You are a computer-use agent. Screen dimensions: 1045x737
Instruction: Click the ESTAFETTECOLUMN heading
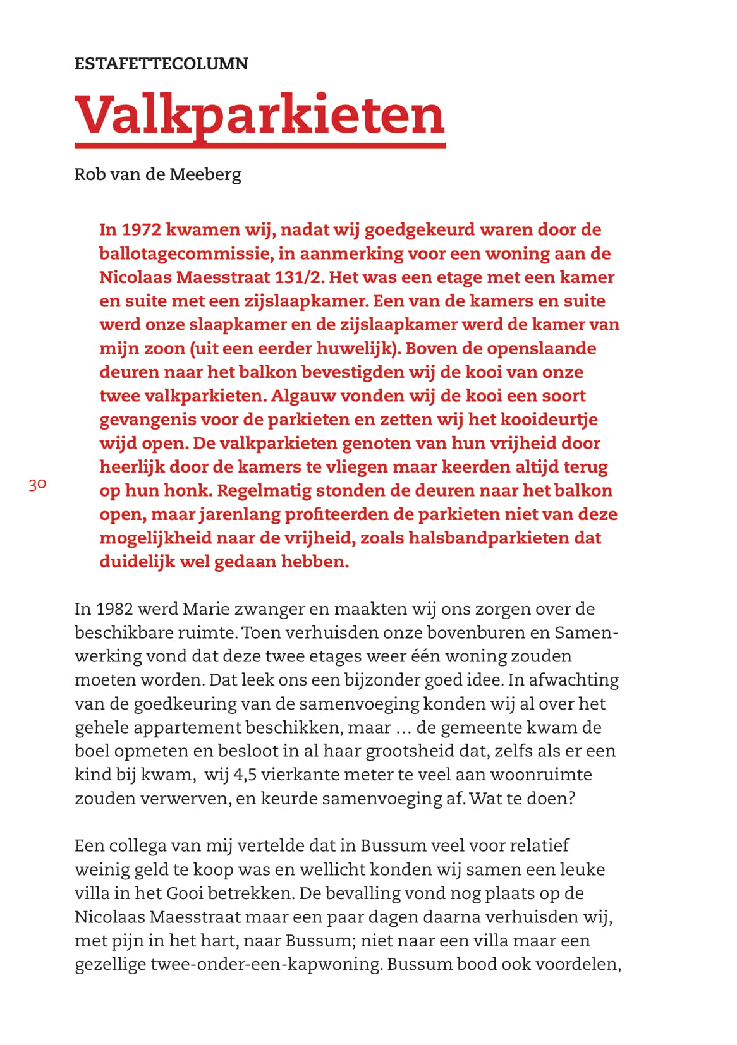click(x=161, y=64)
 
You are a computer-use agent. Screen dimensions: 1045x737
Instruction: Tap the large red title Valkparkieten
click(x=260, y=115)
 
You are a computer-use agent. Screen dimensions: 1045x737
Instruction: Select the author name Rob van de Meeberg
click(x=158, y=174)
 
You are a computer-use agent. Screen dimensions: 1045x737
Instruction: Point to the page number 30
click(x=37, y=485)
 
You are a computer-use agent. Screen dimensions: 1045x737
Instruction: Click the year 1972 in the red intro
click(x=140, y=229)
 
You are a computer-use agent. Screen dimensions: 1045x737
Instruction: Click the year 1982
click(x=114, y=609)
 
